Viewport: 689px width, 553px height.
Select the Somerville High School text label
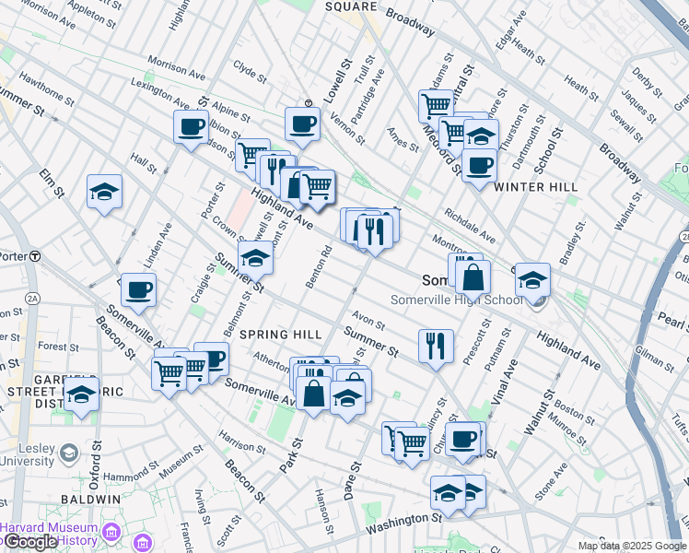coord(457,300)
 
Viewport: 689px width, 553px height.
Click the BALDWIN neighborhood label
coord(90,499)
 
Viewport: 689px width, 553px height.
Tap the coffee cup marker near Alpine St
coord(192,126)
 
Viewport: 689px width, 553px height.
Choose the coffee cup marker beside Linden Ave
coord(138,289)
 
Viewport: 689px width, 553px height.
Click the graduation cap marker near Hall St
coord(105,192)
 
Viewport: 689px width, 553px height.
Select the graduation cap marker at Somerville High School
coord(532,278)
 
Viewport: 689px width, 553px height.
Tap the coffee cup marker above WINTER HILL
coord(479,165)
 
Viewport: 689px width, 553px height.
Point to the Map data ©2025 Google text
coord(631,546)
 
